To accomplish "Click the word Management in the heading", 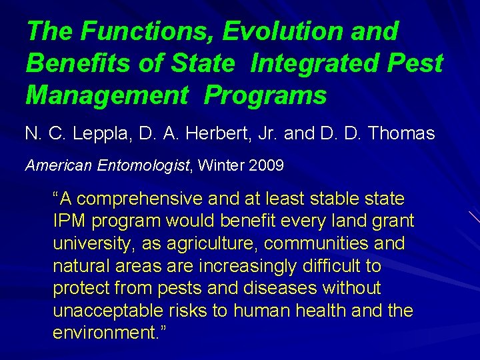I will point(107,95).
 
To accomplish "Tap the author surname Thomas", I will point(401,133).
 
